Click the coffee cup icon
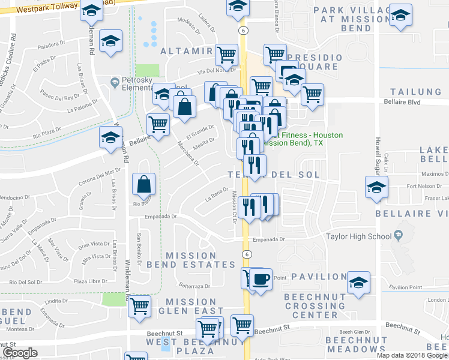[260, 280]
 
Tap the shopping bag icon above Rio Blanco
[144, 184]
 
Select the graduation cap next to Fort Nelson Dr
[377, 188]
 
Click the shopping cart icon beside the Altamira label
[227, 56]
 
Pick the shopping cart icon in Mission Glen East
[140, 306]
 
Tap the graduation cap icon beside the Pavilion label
[358, 283]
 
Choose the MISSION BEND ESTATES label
[200, 260]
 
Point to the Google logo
[20, 353]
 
